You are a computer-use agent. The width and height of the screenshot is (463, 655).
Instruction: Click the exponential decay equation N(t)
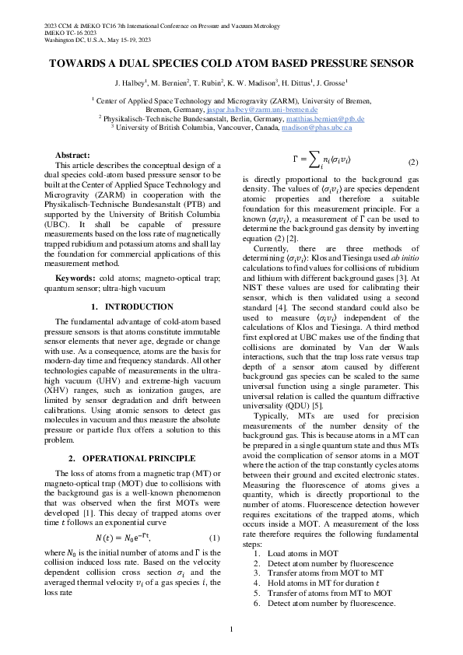[123, 538]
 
